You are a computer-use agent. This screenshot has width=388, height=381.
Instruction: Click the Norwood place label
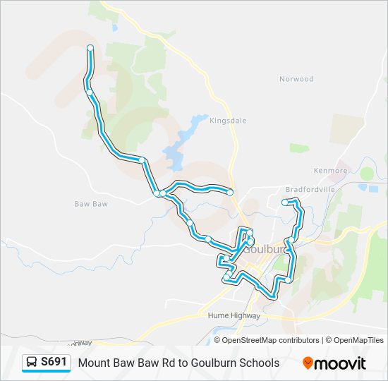296,79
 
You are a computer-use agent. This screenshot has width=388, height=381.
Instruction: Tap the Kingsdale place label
228,121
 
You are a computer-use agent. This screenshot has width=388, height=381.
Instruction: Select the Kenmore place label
332,171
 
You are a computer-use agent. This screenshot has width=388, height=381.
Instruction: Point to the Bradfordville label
310,190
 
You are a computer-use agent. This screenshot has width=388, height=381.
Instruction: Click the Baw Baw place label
90,204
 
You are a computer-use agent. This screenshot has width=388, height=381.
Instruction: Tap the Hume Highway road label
234,316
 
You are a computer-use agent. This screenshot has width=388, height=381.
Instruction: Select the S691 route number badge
54,362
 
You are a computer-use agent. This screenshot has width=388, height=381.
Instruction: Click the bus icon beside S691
32,363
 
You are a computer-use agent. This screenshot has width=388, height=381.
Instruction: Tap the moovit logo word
341,363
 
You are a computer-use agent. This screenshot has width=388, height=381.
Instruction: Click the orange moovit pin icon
308,363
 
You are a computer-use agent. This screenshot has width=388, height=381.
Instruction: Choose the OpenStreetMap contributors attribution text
270,340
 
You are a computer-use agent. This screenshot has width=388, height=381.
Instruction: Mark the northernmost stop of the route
90,47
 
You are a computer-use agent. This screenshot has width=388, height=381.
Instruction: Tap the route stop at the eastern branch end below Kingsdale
230,192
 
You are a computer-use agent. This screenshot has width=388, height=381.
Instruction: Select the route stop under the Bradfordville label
285,202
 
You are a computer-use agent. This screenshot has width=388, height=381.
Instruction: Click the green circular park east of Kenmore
367,173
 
